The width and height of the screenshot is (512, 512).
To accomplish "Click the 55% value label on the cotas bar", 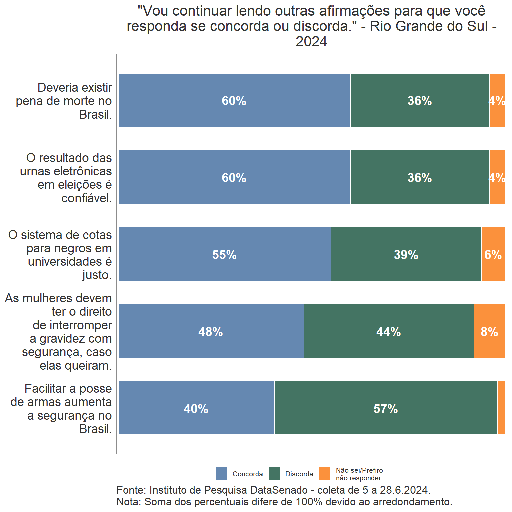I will pos(224,255).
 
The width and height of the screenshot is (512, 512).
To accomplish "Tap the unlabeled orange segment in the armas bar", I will pos(501,408).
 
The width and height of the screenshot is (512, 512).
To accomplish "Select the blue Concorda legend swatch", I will pos(222,473).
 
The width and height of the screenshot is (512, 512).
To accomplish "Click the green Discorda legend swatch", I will pos(274,473).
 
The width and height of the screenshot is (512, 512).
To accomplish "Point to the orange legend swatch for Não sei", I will pos(325,473).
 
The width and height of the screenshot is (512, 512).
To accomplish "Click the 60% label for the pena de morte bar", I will pos(234,101).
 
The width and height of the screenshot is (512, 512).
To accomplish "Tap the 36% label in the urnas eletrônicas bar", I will pos(420,178).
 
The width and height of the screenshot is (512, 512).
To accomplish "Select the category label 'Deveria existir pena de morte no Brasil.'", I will pos(64,101).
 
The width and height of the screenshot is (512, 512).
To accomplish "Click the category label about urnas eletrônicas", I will pos(66,178).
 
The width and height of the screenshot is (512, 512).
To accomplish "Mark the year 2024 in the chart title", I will pos(311,42).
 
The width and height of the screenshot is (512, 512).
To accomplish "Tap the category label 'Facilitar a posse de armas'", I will pos(61,408).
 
